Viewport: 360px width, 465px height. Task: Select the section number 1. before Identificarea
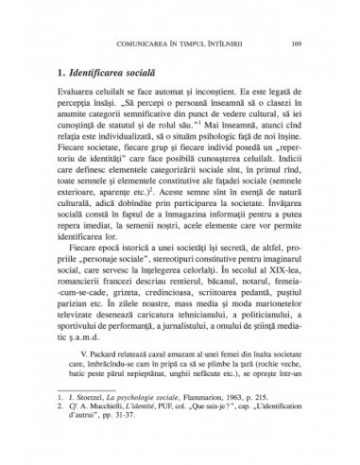tap(63, 73)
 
